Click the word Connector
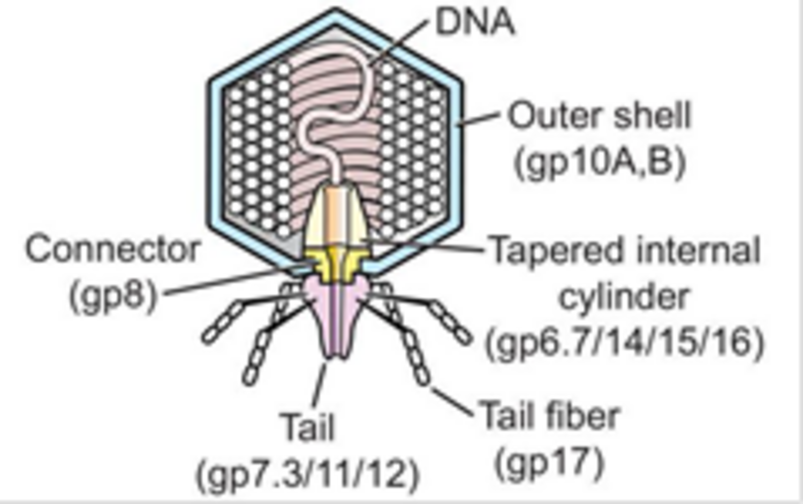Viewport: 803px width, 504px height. point(113,250)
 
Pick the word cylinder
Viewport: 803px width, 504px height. point(624,297)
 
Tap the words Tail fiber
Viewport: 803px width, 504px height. point(550,416)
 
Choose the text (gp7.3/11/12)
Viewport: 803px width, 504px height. point(307,473)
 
